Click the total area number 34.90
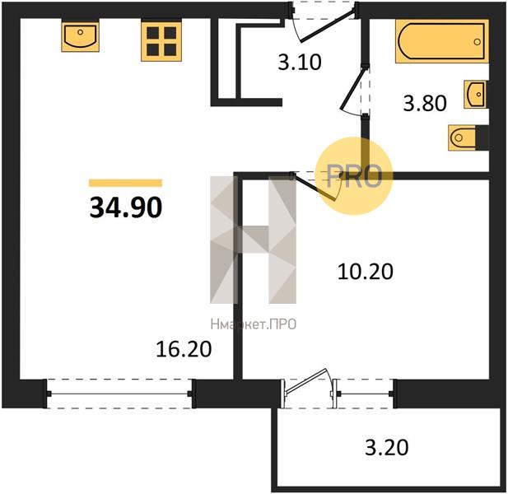tap(125, 207)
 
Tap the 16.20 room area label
tap(184, 350)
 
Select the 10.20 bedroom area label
tap(365, 272)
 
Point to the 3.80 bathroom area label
tap(425, 104)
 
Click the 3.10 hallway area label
tap(300, 63)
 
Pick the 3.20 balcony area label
tap(386, 447)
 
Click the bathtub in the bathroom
tap(442, 41)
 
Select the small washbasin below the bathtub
tap(475, 94)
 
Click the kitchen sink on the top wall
tap(81, 35)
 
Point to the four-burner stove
tap(161, 41)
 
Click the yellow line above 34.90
tap(125, 183)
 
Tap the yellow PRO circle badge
tap(354, 176)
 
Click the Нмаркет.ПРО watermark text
tap(254, 324)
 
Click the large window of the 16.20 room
tap(120, 394)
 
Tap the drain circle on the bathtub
tap(477, 42)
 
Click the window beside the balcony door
tap(365, 394)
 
